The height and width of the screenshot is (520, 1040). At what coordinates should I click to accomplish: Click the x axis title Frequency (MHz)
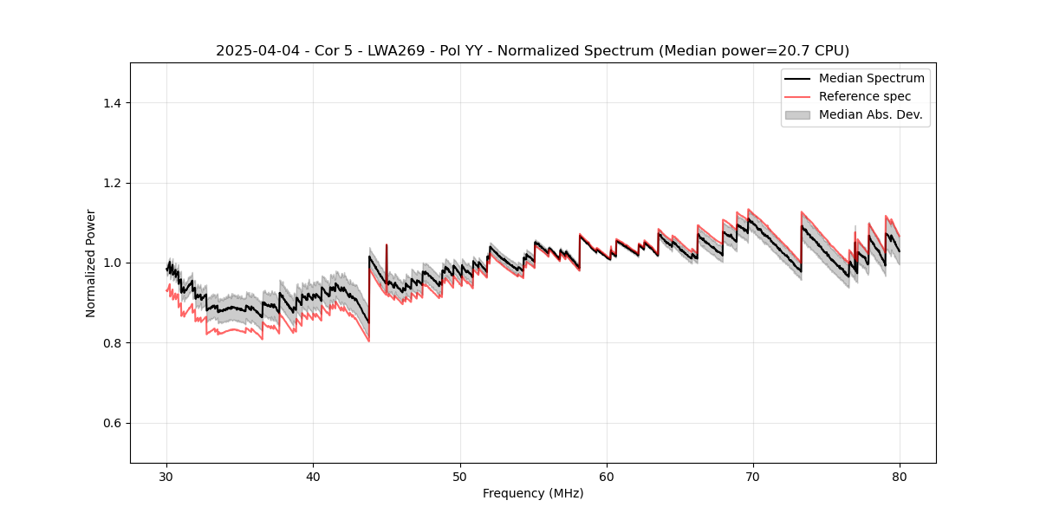point(533,493)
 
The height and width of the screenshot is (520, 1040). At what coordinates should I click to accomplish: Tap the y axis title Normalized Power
point(91,263)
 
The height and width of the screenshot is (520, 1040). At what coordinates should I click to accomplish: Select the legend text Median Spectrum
point(871,78)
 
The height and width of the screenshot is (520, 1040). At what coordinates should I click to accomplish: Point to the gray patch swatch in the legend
point(797,114)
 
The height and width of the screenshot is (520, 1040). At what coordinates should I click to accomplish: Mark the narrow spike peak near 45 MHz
point(387,245)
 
